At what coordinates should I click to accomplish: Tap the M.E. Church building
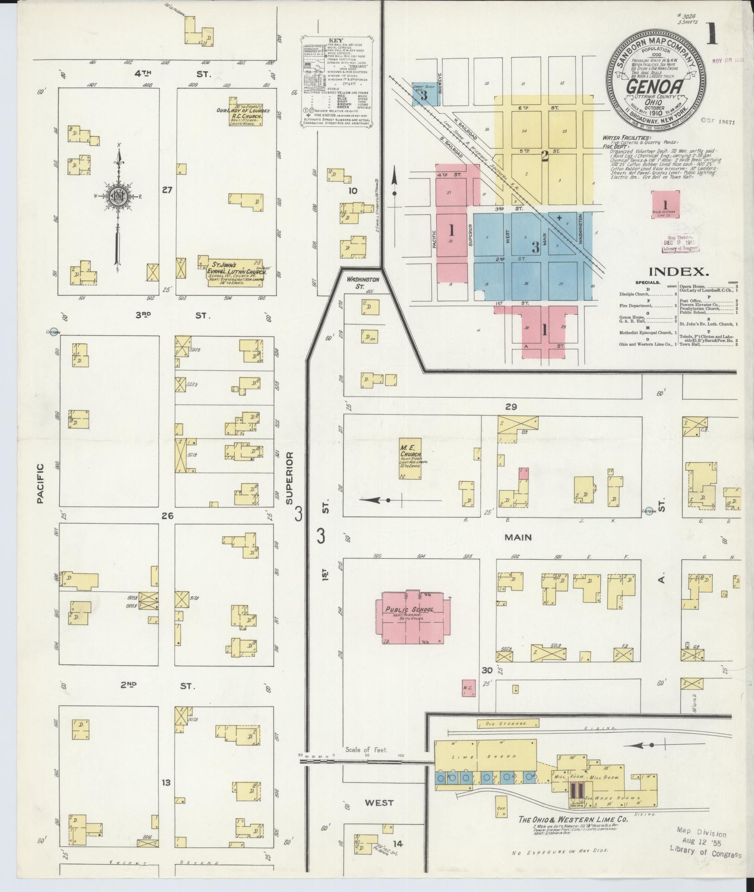coord(410,458)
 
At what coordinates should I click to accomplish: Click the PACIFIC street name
coord(40,483)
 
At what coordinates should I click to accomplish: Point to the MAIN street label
coord(517,537)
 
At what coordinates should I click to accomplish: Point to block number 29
coord(510,407)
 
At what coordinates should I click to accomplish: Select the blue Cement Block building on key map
coord(424,94)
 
